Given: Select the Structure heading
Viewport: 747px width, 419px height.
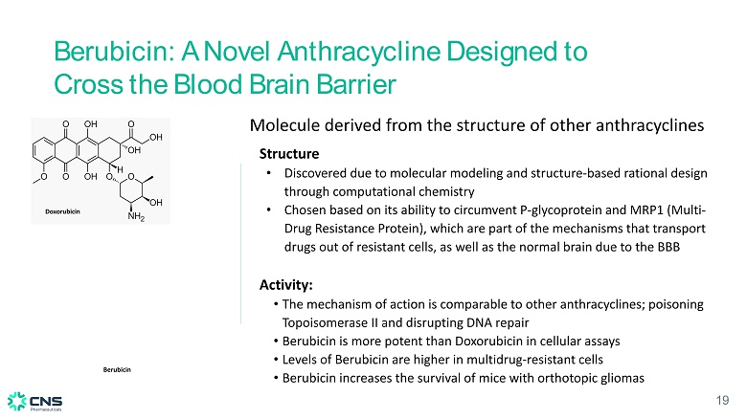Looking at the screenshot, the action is click(289, 154).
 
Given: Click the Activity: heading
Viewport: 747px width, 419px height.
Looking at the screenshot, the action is click(285, 285).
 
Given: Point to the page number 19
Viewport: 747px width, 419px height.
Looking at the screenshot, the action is click(722, 400).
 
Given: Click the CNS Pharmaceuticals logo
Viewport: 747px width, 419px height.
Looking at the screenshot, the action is click(34, 402).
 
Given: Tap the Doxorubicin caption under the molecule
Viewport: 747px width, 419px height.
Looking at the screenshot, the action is click(62, 211).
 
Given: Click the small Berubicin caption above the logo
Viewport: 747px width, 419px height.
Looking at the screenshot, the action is click(117, 369).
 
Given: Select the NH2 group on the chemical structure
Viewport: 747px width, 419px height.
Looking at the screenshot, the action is click(136, 216).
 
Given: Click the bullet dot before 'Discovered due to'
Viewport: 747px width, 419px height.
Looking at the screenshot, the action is click(269, 173).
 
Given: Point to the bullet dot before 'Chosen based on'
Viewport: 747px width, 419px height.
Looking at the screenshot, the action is click(269, 209).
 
